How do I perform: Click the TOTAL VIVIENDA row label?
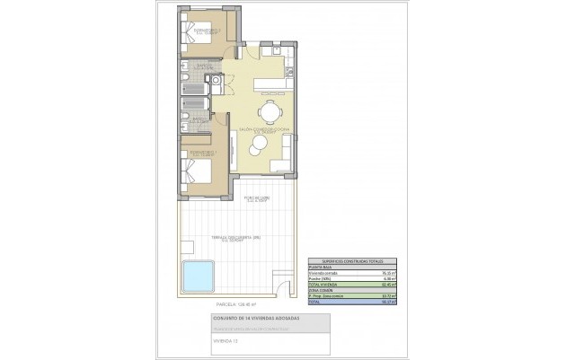(324, 285)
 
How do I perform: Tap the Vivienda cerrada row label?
(325, 271)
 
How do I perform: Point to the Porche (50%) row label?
(322, 278)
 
